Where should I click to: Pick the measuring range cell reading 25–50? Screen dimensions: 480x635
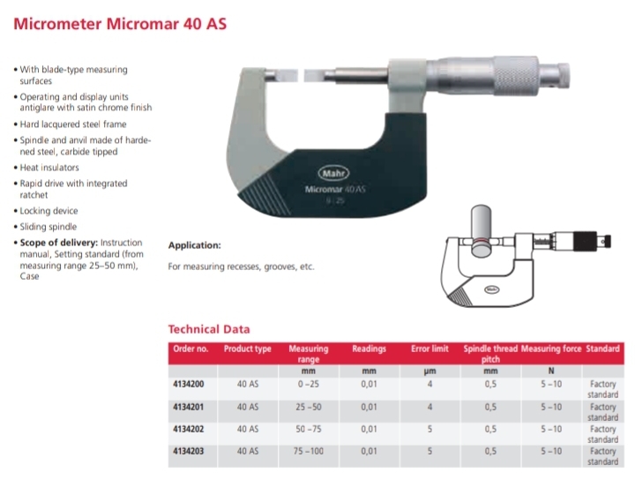click(x=309, y=407)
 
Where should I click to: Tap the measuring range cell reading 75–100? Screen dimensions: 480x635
click(x=309, y=451)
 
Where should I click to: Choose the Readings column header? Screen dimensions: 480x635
click(x=370, y=349)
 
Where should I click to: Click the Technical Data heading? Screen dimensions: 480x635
click(x=208, y=329)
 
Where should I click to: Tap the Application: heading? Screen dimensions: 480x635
click(x=194, y=245)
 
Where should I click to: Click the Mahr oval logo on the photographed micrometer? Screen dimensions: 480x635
click(x=329, y=174)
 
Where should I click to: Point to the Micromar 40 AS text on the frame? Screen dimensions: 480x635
click(x=329, y=188)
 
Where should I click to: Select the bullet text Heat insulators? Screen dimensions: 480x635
click(x=49, y=167)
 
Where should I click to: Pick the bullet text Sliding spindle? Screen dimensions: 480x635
click(x=48, y=226)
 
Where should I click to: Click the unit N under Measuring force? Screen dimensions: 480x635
click(x=551, y=371)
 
